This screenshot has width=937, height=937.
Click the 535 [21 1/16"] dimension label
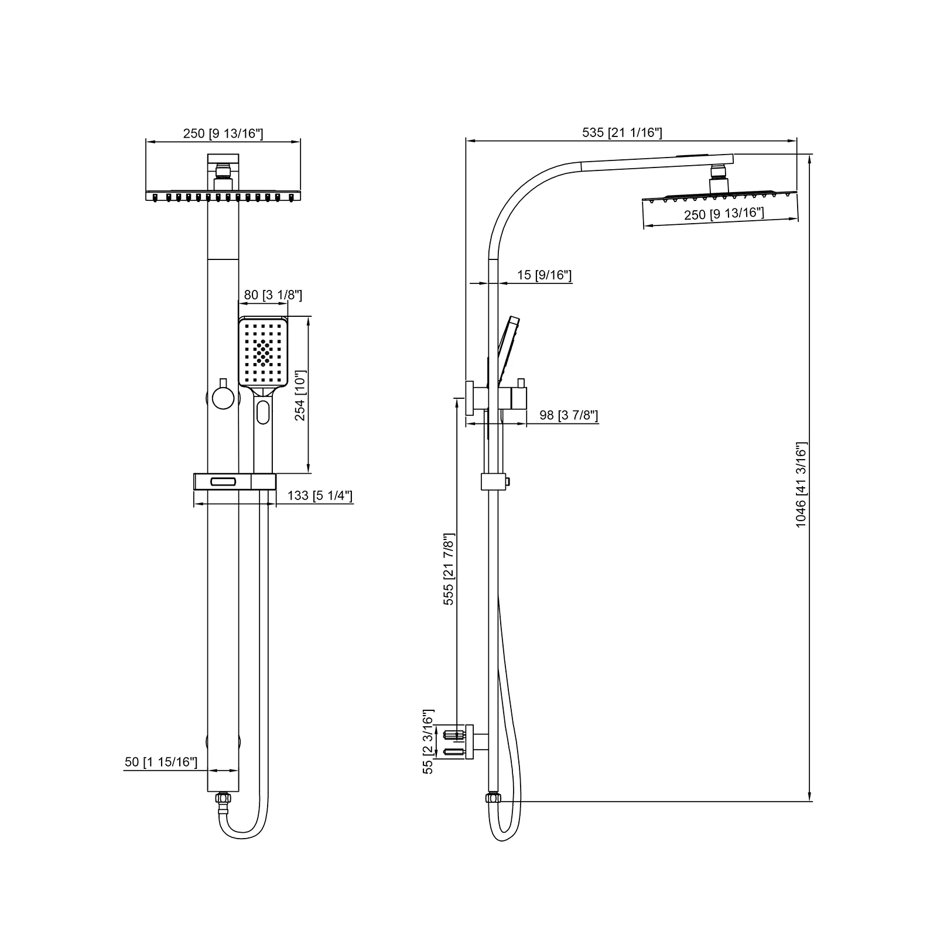click(x=622, y=133)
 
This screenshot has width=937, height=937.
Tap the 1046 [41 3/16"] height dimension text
click(x=801, y=485)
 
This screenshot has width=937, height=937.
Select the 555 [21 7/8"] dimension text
click(x=449, y=569)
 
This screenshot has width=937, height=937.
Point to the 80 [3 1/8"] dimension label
click(x=273, y=295)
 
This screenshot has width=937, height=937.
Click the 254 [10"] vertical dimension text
click(x=300, y=395)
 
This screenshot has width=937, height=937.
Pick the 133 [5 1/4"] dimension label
click(x=320, y=496)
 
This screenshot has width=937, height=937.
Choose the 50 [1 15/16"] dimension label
click(x=161, y=762)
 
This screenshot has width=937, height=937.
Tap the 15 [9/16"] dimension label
click(x=544, y=275)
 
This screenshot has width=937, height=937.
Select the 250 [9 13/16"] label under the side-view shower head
click(x=724, y=214)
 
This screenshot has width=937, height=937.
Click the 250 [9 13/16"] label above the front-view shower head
click(x=223, y=134)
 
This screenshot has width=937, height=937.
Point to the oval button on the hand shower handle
click(x=263, y=411)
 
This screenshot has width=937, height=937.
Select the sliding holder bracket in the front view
click(x=234, y=481)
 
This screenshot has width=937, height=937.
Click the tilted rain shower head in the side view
click(x=720, y=196)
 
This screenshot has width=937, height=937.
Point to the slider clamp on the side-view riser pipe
click(x=493, y=481)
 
